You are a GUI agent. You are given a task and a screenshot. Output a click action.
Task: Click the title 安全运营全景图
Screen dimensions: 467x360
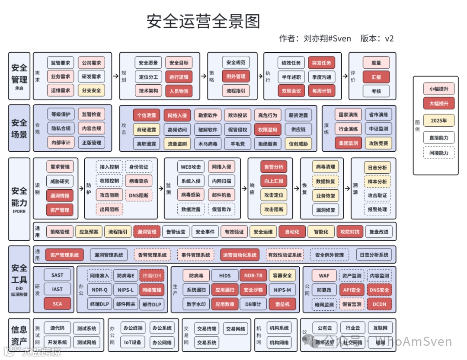tap(203, 21)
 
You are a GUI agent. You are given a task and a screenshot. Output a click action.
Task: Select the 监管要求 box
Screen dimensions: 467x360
tap(61, 63)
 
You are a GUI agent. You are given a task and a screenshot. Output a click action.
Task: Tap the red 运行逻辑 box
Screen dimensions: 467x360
tap(179, 77)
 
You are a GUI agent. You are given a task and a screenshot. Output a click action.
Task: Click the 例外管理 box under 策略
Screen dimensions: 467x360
tap(236, 76)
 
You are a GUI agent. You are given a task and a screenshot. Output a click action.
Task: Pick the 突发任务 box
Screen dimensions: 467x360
tap(321, 63)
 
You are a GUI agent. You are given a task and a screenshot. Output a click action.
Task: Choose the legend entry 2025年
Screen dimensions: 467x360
tap(439, 121)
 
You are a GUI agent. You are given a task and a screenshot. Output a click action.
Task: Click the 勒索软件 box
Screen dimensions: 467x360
tap(208, 115)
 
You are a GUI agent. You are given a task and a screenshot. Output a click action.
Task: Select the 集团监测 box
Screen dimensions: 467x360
tap(348, 143)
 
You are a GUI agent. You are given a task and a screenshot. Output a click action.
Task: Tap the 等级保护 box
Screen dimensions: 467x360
tap(61, 115)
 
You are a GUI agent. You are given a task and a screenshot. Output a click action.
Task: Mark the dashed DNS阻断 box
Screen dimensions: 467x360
tap(138, 195)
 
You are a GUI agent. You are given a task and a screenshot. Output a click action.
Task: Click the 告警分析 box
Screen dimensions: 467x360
tap(273, 167)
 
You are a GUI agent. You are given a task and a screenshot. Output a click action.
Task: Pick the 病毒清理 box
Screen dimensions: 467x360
tap(326, 167)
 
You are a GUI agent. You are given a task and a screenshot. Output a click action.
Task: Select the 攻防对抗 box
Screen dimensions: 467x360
tap(349, 232)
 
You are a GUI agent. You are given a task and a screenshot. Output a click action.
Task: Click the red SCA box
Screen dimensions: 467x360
tap(57, 303)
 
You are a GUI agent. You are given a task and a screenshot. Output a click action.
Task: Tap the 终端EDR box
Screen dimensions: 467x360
tap(152, 275)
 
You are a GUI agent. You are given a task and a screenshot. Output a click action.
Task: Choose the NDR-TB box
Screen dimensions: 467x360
tap(253, 275)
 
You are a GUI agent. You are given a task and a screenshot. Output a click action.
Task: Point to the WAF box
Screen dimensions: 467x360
tap(324, 275)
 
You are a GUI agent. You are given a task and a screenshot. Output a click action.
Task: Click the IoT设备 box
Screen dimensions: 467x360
tap(132, 343)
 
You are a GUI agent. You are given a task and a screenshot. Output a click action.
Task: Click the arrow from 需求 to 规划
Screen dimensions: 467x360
tap(115, 76)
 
